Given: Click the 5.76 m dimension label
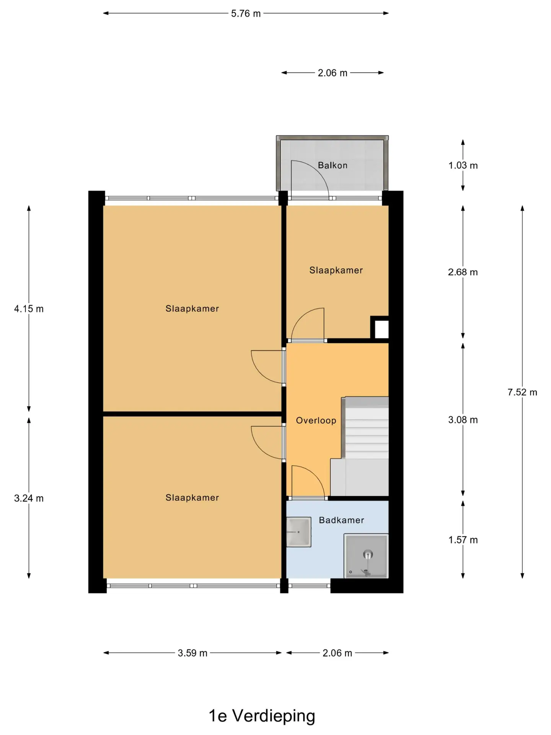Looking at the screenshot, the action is point(246,13).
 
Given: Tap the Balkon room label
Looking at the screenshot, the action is point(333,165).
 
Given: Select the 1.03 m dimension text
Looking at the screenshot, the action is point(463,165).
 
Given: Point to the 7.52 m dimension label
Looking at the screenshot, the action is point(522,392).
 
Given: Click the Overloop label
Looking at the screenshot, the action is point(316,420).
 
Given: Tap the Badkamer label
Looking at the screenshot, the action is point(341,520).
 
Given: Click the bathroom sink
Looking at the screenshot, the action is point(298,532).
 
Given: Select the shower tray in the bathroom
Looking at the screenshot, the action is point(366,556).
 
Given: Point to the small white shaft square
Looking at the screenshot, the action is point(381,329).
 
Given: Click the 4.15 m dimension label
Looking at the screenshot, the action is point(29,309).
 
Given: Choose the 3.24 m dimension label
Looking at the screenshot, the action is point(29,498).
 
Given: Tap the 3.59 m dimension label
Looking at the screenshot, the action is point(192,653).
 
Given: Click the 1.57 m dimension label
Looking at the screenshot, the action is point(463,540).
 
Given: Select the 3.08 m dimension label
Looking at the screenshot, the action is point(463,420).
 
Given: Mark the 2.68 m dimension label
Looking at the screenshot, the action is point(463,272).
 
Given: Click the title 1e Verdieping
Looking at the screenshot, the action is point(262,716).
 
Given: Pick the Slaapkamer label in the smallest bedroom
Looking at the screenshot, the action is point(336,270).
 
